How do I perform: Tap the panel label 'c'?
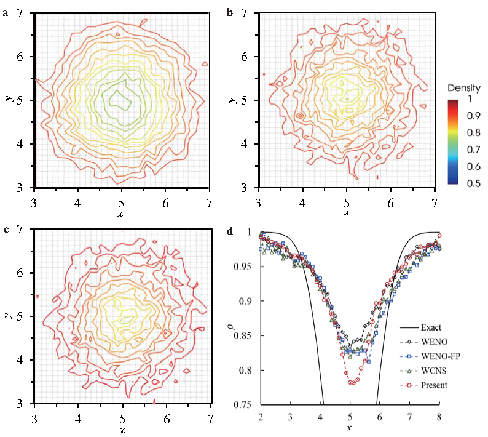click(x=6, y=230)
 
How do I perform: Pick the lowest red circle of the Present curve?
click(x=352, y=383)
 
